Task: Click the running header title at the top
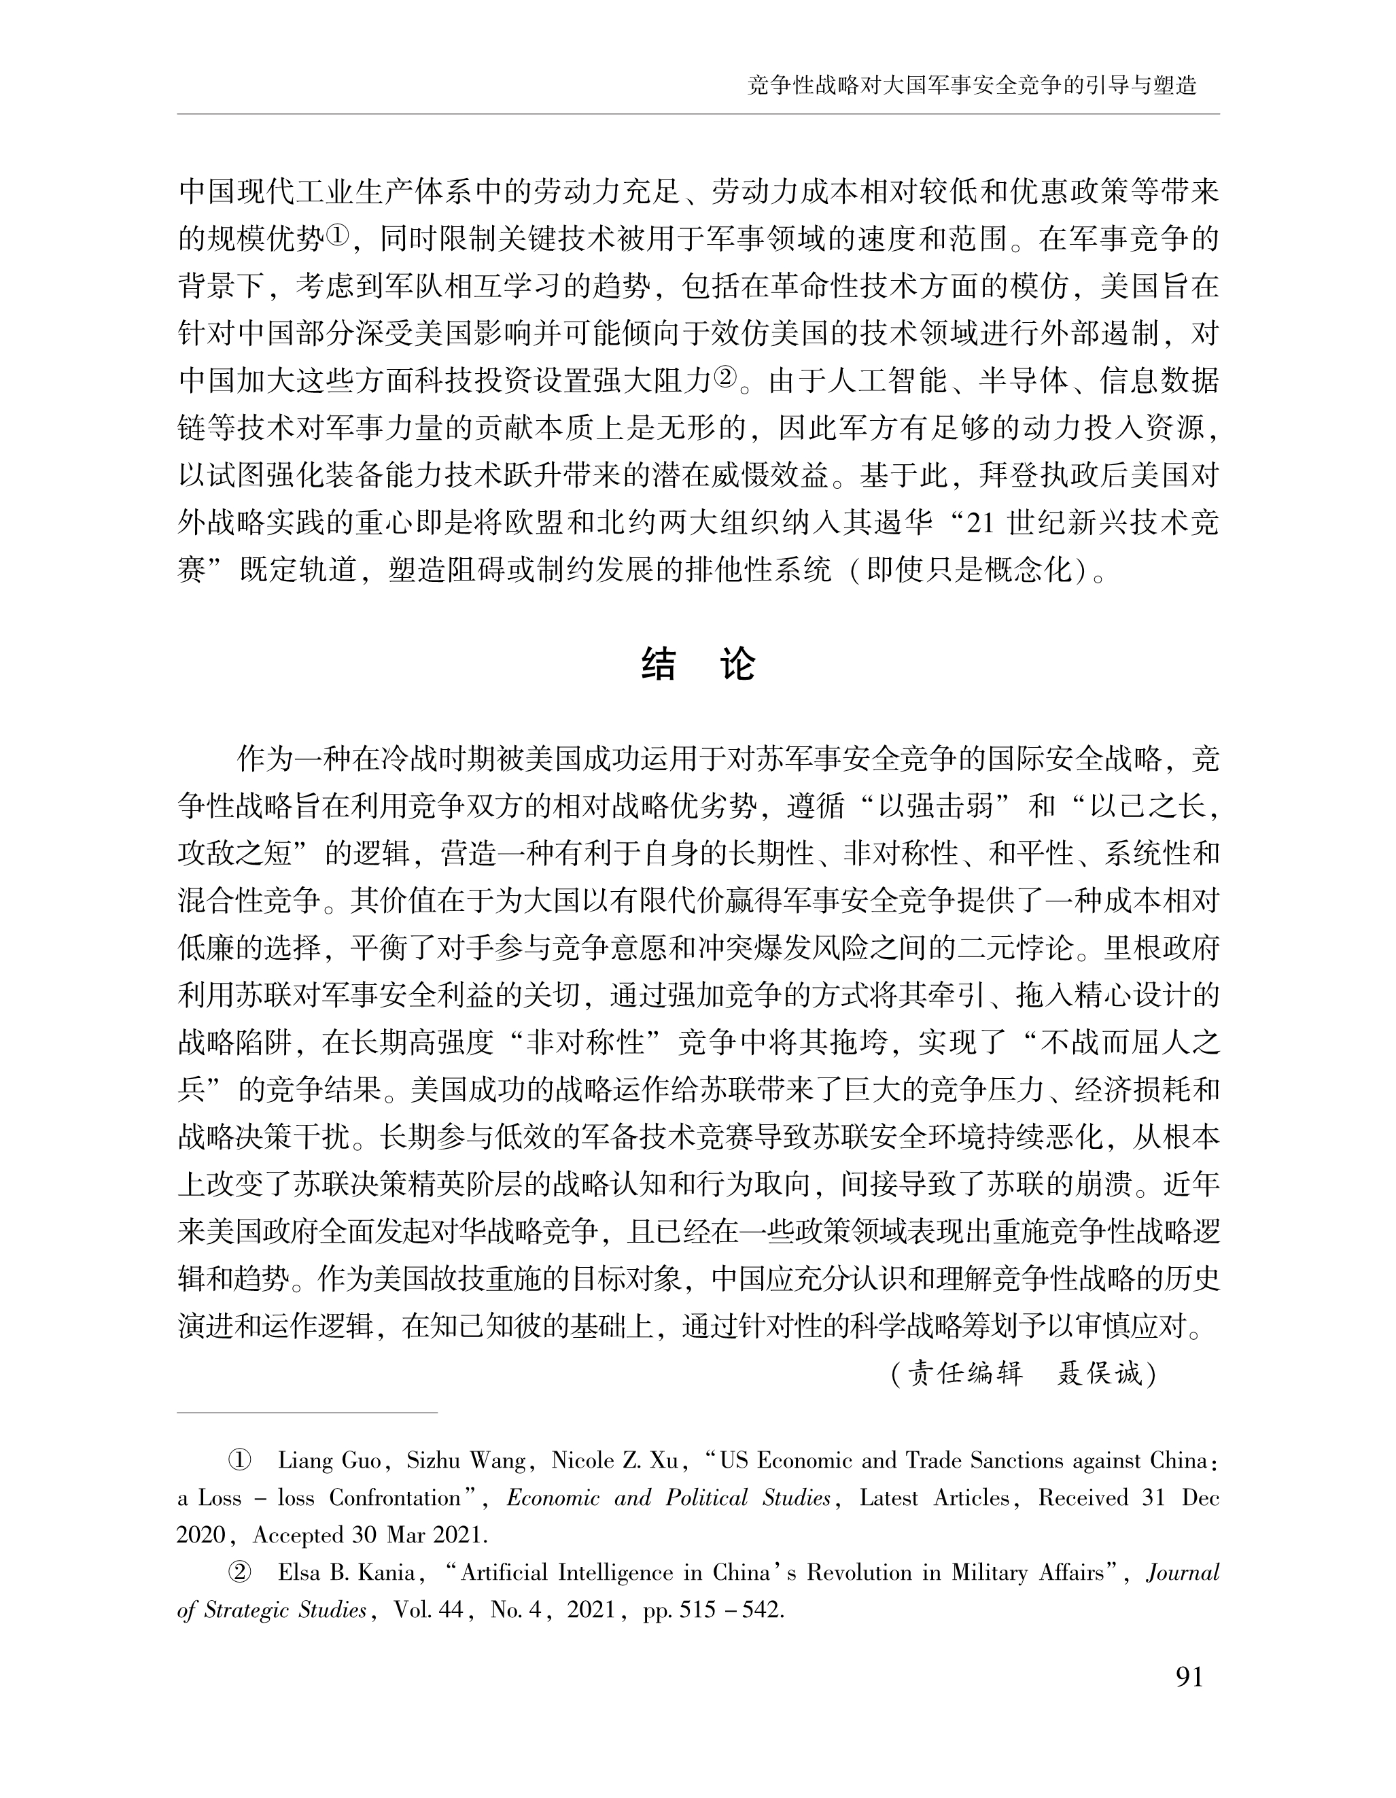[971, 86]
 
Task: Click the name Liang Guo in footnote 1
[329, 1460]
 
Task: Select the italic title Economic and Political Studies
[668, 1498]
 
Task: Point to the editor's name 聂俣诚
[1099, 1373]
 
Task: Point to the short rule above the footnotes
[307, 1413]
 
